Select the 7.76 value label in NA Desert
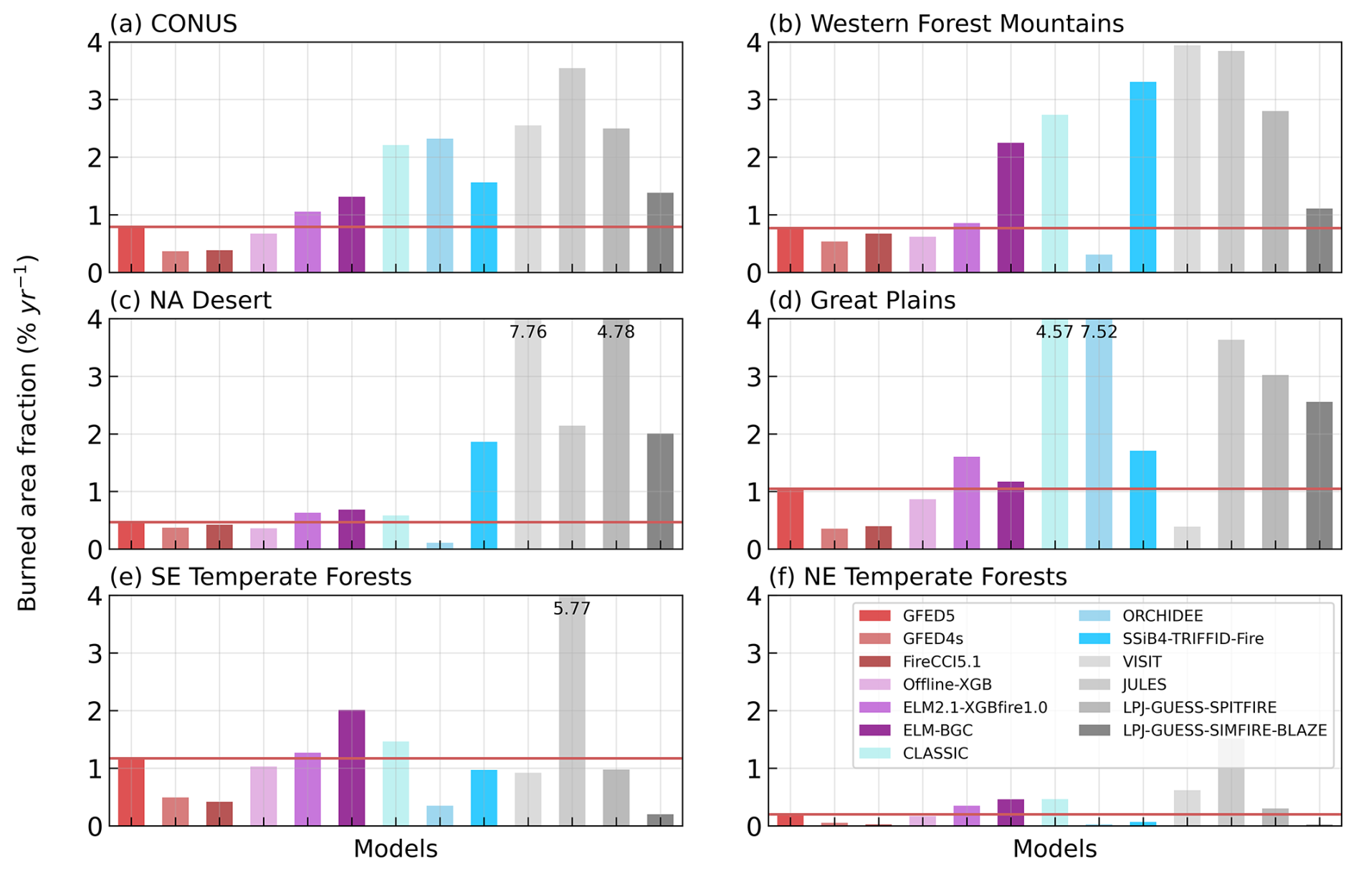(527, 332)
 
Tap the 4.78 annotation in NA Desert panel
(616, 332)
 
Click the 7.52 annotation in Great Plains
(1099, 332)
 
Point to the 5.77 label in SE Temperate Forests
(571, 609)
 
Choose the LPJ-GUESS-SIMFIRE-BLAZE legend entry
(1224, 731)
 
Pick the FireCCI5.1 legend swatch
(874, 662)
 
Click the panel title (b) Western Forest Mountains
(946, 24)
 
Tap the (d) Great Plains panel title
(862, 300)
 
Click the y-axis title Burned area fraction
(27, 433)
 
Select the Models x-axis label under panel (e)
(396, 849)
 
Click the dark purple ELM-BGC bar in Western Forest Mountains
(1011, 208)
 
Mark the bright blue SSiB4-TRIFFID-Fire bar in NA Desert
(484, 496)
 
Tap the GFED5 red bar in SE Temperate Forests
(131, 791)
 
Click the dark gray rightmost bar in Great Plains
(1319, 476)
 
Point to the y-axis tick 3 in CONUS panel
(95, 100)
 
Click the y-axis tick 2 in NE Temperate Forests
(754, 711)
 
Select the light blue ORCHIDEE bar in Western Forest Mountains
(1099, 264)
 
